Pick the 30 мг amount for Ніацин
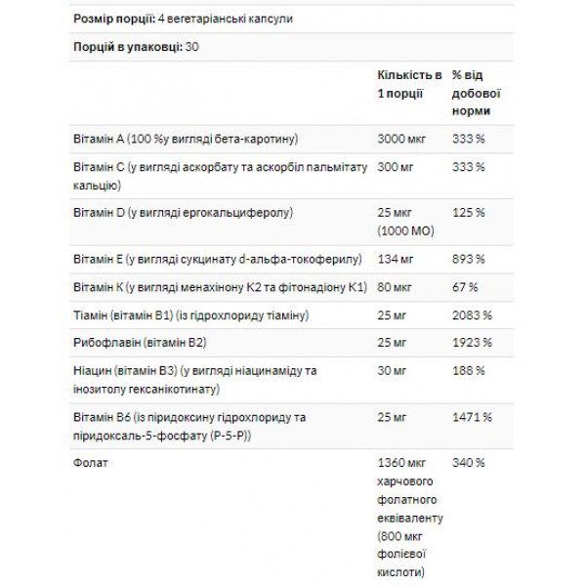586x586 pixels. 393,372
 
